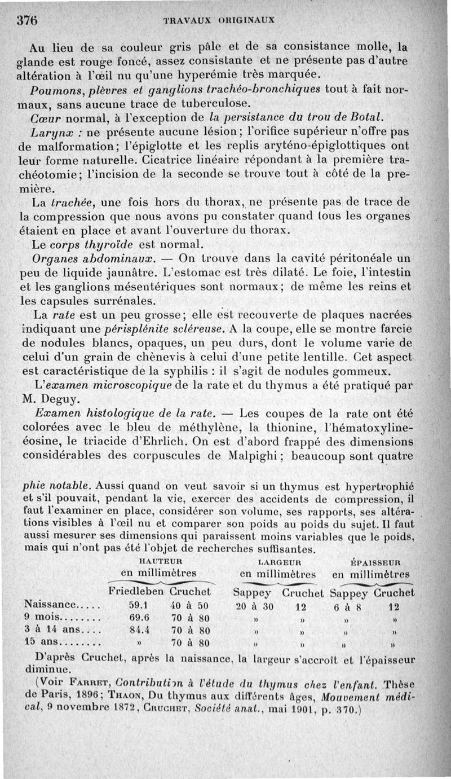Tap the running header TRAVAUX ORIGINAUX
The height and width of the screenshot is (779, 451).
(218, 19)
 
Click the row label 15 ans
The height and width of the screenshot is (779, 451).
(40, 642)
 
